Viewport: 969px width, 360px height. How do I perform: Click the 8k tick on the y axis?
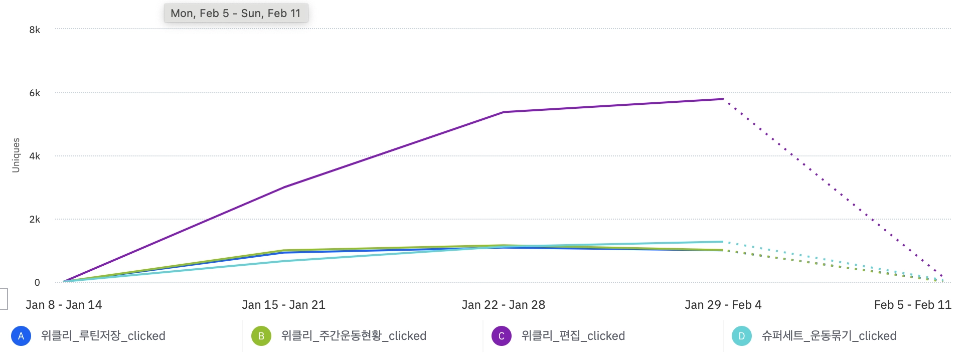[x=35, y=30]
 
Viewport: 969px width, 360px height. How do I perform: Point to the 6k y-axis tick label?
[x=35, y=93]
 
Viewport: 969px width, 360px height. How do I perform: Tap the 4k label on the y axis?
[x=35, y=156]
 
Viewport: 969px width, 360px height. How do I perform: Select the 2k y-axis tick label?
[x=35, y=219]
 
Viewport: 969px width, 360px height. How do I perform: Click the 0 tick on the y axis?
[x=37, y=282]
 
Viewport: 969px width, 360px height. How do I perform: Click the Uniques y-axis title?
[x=16, y=155]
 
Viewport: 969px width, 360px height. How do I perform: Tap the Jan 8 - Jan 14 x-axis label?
[x=64, y=305]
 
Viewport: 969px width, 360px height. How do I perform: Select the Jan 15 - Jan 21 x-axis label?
[x=283, y=305]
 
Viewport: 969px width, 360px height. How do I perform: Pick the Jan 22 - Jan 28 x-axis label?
[x=503, y=305]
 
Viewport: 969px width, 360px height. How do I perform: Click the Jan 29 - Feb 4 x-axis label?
[x=723, y=305]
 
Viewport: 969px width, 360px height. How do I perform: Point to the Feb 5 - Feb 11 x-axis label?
[x=912, y=305]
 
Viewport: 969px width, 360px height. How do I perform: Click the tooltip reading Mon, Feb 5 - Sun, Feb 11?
[x=236, y=13]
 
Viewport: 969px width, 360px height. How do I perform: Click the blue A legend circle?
[x=21, y=336]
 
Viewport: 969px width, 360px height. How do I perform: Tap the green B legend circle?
[x=261, y=336]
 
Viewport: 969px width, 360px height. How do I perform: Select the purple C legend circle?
[x=502, y=336]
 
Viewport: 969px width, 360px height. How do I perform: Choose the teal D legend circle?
[x=742, y=336]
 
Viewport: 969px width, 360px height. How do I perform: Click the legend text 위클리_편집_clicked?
[x=573, y=336]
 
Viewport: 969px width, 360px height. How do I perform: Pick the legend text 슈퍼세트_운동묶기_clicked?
[x=829, y=336]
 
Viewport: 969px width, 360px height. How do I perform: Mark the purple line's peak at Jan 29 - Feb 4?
[x=723, y=99]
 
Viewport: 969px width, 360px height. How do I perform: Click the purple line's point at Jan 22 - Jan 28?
[x=503, y=112]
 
